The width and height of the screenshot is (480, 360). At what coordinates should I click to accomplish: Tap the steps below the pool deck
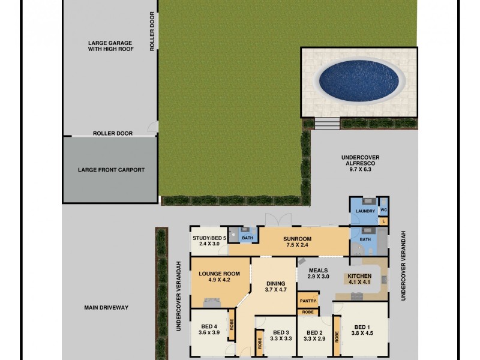coord(327,124)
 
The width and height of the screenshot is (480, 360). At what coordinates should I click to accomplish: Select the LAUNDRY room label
coord(365,211)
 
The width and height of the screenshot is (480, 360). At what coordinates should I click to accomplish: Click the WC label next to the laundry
coord(383,211)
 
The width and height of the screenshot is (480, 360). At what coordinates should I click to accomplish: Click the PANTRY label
coord(307,301)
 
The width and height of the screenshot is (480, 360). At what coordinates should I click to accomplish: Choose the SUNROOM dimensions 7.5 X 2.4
coord(298,244)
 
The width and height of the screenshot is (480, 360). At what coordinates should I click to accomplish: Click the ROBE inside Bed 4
coord(231,329)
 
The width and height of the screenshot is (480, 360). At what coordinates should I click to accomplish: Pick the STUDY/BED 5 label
coord(209,238)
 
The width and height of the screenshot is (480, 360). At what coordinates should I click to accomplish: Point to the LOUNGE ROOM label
coord(219,274)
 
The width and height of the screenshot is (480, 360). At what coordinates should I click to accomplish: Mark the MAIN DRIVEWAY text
coord(106,308)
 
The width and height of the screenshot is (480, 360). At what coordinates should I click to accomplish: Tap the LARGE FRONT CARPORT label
coord(111,170)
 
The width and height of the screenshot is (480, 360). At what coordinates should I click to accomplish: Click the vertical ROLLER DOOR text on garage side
coord(152,31)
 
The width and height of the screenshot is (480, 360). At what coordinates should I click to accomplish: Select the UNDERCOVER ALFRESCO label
coord(359,157)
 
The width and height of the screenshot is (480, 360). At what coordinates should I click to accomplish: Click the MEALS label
coord(319,271)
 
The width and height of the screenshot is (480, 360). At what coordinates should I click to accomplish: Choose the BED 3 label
coord(281,333)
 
